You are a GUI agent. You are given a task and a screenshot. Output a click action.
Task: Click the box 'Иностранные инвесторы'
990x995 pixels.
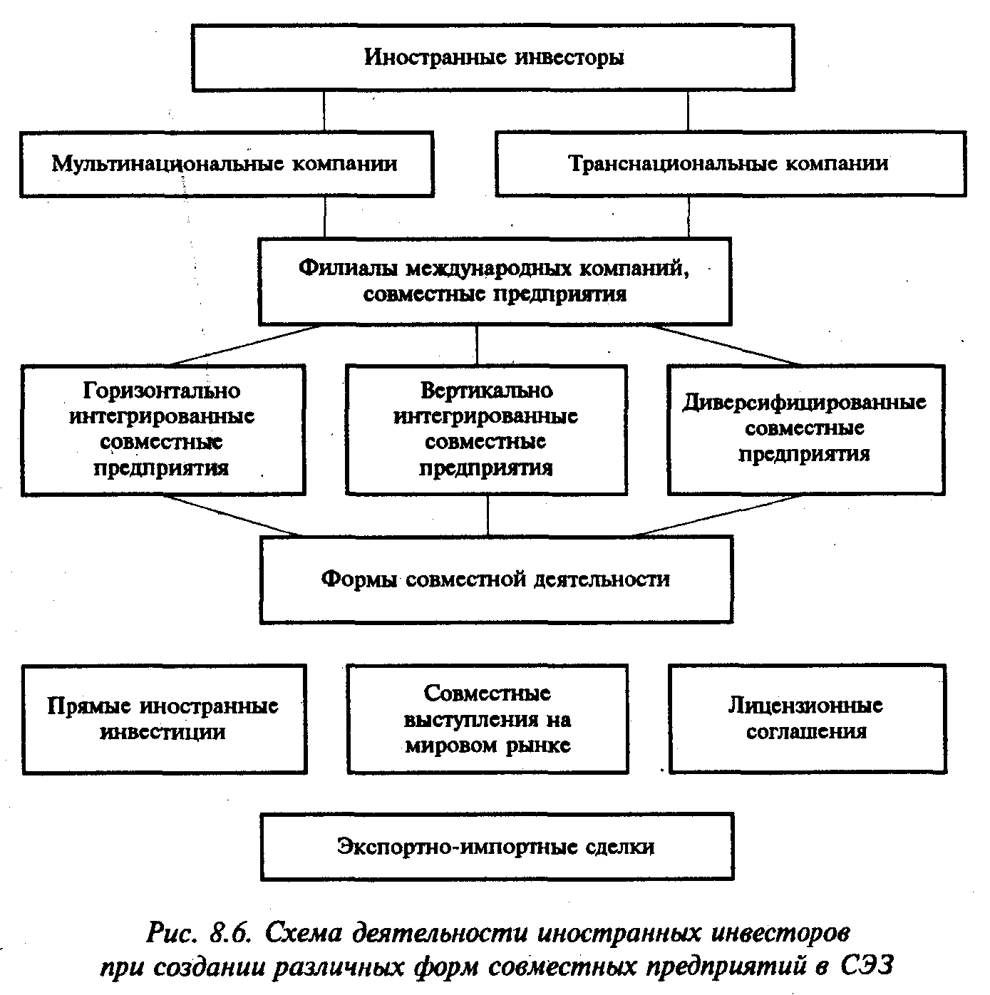click(493, 57)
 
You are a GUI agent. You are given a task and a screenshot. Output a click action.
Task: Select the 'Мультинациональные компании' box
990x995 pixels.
click(226, 164)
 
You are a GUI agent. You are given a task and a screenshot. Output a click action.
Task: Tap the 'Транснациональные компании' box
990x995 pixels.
click(730, 164)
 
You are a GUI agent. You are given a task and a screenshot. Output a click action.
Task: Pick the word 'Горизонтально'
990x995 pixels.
click(163, 391)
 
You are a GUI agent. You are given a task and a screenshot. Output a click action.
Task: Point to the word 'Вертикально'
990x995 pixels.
click(486, 391)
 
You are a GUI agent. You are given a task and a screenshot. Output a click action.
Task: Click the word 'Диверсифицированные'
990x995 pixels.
click(805, 403)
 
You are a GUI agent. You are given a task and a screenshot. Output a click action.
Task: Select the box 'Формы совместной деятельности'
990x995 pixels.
click(495, 579)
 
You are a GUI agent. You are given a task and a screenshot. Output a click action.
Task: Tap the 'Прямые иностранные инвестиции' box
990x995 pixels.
click(163, 718)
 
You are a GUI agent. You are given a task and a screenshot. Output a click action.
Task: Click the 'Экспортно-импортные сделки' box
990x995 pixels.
click(496, 847)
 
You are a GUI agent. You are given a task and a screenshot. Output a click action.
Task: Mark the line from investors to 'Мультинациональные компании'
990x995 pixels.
click(325, 110)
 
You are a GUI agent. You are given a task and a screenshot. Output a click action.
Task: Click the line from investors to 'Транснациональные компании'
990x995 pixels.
click(688, 110)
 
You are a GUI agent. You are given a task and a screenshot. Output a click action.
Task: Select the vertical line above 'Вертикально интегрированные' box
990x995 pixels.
click(478, 345)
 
